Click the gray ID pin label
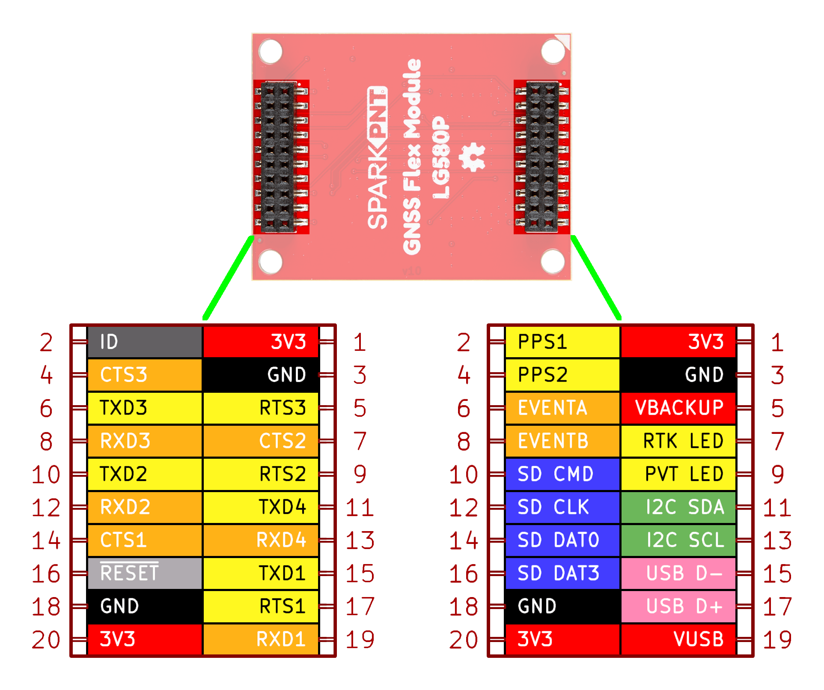click(144, 342)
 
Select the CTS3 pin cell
click(144, 375)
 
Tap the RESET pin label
click(144, 573)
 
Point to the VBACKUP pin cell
click(678, 408)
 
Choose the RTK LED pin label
click(678, 441)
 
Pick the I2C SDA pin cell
click(678, 507)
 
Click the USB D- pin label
click(678, 573)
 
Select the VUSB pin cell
click(678, 639)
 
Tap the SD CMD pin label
click(562, 474)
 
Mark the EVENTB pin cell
click(562, 441)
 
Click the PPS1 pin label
click(562, 342)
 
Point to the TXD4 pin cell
click(261, 507)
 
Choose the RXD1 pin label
click(261, 639)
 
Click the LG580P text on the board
click(441, 158)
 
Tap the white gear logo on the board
click(473, 157)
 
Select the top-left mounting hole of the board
click(271, 51)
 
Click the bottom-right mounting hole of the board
click(553, 261)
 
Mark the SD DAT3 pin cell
click(562, 573)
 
